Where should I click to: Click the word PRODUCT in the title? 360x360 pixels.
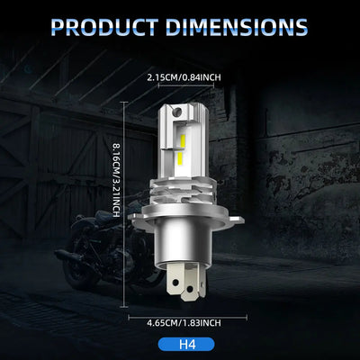coord(105,27)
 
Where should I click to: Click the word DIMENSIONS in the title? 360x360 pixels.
coord(237,27)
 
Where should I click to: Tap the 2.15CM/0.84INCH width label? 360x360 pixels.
coord(184,77)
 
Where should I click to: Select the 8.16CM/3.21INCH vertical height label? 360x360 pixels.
coord(116,180)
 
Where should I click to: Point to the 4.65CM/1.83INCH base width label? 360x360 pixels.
coord(184,323)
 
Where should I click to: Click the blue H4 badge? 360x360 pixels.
coord(186,344)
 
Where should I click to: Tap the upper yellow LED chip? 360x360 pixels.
coord(182,141)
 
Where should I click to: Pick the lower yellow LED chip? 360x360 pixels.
coord(180,159)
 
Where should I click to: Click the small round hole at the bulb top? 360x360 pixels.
coord(177,112)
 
